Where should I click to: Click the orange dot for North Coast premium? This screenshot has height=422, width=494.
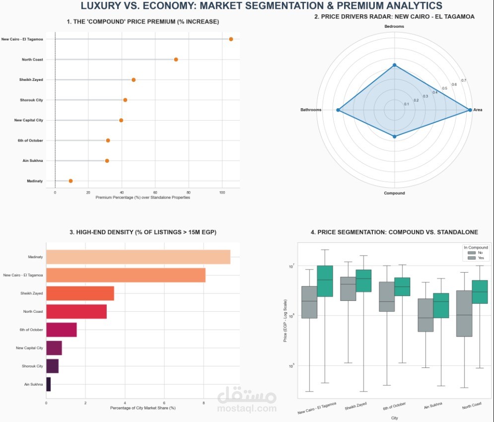click(x=176, y=60)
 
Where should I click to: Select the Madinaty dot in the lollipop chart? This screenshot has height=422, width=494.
click(x=71, y=181)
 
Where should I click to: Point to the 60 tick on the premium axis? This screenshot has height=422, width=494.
click(x=155, y=192)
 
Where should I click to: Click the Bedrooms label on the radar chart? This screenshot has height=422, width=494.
click(x=394, y=26)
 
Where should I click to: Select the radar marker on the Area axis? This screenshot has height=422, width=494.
click(x=470, y=110)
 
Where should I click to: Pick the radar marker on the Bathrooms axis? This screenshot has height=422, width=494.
click(x=338, y=110)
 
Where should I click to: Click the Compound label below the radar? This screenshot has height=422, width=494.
click(x=394, y=193)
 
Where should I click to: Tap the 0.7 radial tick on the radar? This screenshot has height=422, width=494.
click(x=464, y=80)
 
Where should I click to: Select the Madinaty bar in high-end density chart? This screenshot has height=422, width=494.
click(x=138, y=257)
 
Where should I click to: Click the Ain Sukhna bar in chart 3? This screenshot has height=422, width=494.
click(x=48, y=384)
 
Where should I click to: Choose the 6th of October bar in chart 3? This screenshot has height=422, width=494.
click(x=61, y=330)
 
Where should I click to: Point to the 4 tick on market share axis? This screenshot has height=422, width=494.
click(x=125, y=403)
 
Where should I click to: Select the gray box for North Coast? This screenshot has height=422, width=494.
click(x=464, y=313)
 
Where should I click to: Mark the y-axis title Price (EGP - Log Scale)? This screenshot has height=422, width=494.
click(x=284, y=320)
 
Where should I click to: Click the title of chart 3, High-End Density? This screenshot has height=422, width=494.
click(x=143, y=232)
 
